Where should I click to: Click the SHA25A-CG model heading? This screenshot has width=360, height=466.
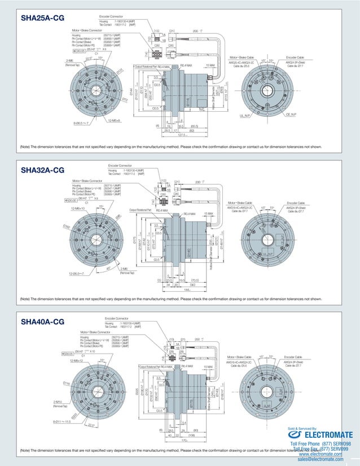coord(42,19)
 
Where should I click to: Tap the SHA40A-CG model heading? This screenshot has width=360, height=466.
coord(42,322)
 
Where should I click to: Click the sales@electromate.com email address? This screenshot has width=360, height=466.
coord(321,460)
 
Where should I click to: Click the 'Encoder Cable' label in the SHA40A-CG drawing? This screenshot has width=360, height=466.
coord(296,357)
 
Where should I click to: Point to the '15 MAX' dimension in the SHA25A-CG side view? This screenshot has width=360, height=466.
coord(210,65)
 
